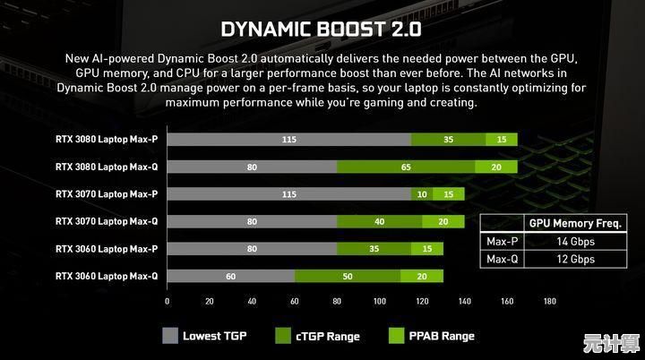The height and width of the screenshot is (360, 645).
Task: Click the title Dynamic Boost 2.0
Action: (321, 29)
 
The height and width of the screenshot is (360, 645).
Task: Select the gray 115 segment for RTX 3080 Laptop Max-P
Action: (288, 139)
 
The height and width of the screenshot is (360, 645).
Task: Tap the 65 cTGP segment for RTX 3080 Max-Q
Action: (406, 167)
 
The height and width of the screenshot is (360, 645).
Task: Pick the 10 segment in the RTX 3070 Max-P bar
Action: (422, 193)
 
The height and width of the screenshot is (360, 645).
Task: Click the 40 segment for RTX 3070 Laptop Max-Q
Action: (380, 221)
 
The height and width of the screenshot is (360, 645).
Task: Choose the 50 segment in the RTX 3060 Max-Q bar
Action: (347, 277)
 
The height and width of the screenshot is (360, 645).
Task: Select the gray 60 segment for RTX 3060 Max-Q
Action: (230, 277)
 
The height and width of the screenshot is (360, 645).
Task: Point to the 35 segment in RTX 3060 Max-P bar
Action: (374, 249)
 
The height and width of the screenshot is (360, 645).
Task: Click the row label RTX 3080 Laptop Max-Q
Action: (106, 167)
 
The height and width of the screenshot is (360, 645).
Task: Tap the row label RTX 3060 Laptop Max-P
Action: (106, 249)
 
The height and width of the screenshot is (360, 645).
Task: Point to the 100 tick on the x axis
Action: (380, 302)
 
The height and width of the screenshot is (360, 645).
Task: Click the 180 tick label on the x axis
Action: (550, 302)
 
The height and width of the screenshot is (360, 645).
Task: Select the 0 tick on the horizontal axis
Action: (167, 302)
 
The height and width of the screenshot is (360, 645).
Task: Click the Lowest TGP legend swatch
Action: (170, 337)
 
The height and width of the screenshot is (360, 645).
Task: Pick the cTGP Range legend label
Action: (329, 337)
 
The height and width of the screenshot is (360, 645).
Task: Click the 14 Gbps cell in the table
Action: (574, 241)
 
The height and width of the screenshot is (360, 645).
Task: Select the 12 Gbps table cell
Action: (574, 259)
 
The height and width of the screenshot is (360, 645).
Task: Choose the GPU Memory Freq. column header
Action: (574, 223)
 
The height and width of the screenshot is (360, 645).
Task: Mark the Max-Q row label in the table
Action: (503, 259)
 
